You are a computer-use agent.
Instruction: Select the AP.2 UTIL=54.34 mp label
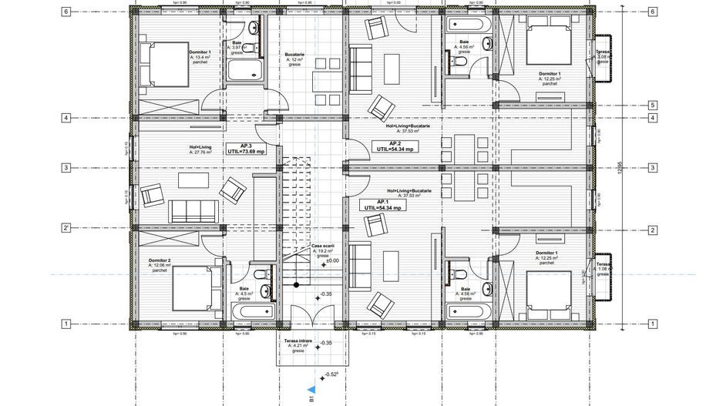(x=395, y=146)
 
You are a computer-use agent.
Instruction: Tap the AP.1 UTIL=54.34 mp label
(x=381, y=204)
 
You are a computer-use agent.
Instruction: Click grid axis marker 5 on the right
(x=652, y=106)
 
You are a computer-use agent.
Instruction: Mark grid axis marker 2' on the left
(x=67, y=229)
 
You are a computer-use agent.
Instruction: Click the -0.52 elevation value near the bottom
(x=333, y=374)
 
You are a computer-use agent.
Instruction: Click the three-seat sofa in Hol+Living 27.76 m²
(x=193, y=210)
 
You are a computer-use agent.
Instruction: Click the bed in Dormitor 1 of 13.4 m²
(x=164, y=62)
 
